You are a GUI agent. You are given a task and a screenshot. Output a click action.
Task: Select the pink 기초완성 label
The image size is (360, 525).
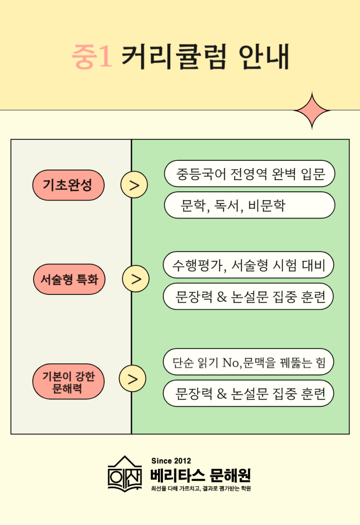(x=68, y=185)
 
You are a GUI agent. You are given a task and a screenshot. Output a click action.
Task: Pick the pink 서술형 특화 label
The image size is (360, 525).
(x=69, y=279)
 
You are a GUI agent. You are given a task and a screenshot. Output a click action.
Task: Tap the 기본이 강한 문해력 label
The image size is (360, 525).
(x=68, y=382)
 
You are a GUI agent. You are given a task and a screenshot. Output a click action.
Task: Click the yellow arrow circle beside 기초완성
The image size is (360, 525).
(x=134, y=185)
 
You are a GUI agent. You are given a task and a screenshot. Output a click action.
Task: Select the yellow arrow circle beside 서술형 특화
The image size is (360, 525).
(x=136, y=279)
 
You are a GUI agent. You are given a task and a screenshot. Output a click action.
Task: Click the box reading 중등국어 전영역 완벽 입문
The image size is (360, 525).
(x=250, y=173)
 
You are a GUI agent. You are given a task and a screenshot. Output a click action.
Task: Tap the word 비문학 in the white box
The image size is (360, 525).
(x=266, y=206)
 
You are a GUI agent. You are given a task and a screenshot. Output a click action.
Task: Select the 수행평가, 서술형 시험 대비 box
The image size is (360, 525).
(x=249, y=264)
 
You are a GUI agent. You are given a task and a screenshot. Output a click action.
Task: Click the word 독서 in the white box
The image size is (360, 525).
(x=226, y=206)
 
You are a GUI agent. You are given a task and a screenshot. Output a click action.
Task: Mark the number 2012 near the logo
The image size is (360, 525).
(x=182, y=461)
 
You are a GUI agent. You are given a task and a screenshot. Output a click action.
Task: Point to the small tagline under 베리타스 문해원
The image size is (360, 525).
(x=201, y=488)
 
